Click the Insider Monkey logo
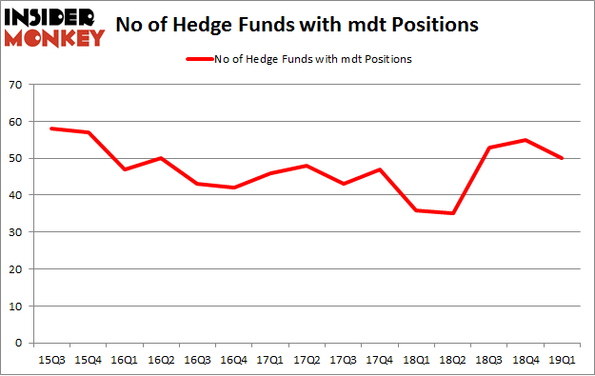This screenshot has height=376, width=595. (x=54, y=27)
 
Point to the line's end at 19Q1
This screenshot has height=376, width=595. (x=562, y=158)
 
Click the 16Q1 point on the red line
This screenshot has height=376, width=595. (x=124, y=169)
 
